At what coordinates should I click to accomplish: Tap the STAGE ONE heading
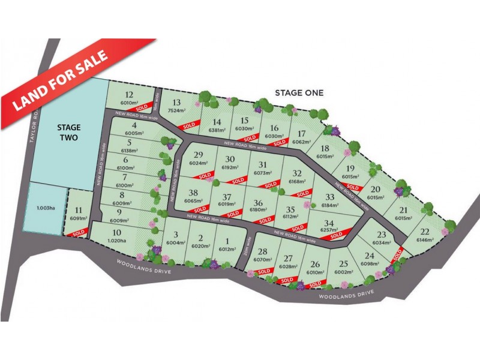tap(299, 92)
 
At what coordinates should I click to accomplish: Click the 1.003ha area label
tap(42, 207)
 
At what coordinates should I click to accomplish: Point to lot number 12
tap(128, 94)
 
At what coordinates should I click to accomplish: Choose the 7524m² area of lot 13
tap(176, 111)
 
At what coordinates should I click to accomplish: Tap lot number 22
tap(425, 232)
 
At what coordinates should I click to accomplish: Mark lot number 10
tap(118, 232)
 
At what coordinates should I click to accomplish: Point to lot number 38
tap(193, 193)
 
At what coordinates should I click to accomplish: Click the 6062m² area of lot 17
tap(301, 142)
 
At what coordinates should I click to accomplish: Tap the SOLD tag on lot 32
tap(302, 193)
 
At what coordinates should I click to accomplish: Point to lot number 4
tap(135, 125)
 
